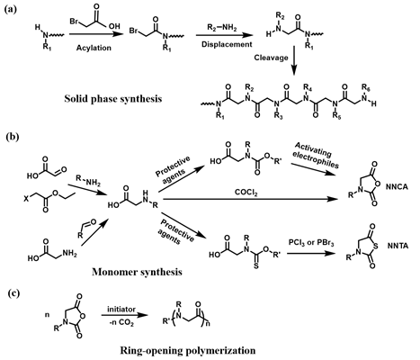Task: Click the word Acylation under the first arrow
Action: (94, 48)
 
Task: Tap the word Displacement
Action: (227, 44)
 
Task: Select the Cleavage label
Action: (272, 58)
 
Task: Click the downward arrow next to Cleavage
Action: (294, 60)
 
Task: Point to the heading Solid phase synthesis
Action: (113, 99)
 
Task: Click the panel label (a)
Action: (10, 9)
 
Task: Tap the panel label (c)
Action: (13, 293)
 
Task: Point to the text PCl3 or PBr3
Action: (311, 242)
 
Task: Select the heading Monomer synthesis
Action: (137, 272)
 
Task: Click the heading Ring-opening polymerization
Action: (188, 350)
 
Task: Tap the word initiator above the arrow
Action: (121, 309)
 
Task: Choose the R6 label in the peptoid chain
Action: (365, 87)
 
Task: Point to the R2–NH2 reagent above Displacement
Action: (222, 28)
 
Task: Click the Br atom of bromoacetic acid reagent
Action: (74, 22)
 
